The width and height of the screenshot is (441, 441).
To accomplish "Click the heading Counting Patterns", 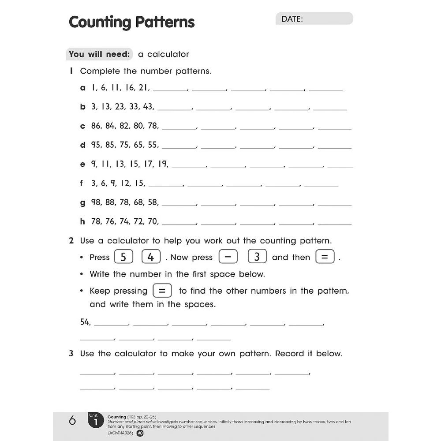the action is (131, 22).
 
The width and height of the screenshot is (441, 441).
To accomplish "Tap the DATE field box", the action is (314, 19).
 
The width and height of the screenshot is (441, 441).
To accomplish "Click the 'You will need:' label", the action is (100, 54).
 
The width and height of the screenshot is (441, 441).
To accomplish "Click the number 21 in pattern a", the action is (144, 88).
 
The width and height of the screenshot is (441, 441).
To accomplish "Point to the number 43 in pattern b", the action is (148, 107).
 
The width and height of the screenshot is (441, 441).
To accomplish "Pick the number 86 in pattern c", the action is (96, 126).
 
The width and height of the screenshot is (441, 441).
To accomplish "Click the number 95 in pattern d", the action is (96, 145).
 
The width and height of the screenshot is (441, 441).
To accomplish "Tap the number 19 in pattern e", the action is (163, 164).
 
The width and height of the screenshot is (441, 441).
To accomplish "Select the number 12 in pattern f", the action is (126, 183).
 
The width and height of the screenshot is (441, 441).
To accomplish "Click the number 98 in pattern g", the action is (96, 202).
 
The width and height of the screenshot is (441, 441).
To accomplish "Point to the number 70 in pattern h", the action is (153, 221).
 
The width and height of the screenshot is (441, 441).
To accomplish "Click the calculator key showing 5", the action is (123, 257).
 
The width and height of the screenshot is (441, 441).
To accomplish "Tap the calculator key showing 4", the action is (151, 257).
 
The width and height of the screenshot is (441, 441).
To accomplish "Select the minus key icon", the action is (228, 257).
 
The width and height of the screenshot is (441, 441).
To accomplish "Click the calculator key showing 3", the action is (257, 257).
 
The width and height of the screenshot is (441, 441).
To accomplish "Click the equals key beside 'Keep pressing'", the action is (162, 291).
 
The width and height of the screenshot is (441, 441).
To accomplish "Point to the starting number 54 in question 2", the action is (85, 322).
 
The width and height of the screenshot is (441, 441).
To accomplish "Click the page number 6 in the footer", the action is (73, 421).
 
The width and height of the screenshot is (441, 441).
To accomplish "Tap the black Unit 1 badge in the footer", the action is (95, 421).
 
